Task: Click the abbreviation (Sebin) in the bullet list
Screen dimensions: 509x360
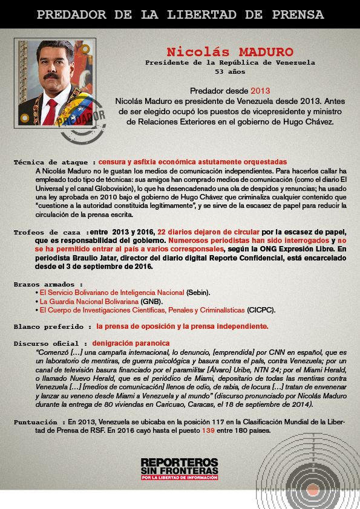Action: pos(198,293)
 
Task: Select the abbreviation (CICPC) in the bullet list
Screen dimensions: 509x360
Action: pos(261,310)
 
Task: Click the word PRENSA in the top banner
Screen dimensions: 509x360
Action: pos(293,15)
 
